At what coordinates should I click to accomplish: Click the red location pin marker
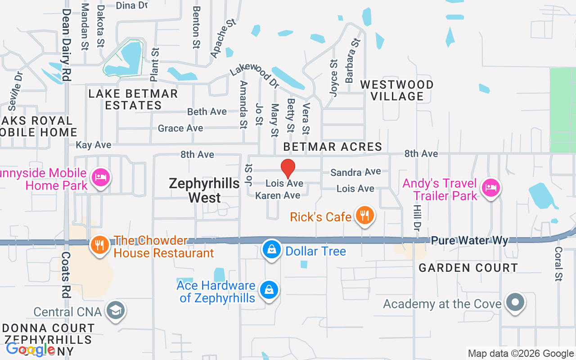(x=288, y=169)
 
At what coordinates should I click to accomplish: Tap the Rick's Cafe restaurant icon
(x=365, y=216)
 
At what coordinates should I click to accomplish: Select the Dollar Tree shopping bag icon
(x=272, y=250)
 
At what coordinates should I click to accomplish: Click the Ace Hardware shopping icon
(x=269, y=290)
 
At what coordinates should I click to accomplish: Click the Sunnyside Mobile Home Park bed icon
(x=100, y=178)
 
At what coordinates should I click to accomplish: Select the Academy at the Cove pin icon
(x=515, y=302)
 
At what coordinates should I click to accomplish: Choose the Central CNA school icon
(x=116, y=310)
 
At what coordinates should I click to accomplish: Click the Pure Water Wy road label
(x=469, y=240)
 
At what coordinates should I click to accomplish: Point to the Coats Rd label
(x=66, y=274)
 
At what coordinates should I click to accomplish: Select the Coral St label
(x=558, y=264)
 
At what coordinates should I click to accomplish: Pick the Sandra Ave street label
(x=355, y=172)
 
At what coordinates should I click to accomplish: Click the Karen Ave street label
(x=278, y=195)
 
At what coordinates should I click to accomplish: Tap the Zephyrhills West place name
(x=205, y=190)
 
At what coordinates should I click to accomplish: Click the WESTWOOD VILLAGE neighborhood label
(x=397, y=90)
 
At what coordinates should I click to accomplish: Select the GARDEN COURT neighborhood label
(x=468, y=268)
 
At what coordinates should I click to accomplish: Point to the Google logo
(x=31, y=349)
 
